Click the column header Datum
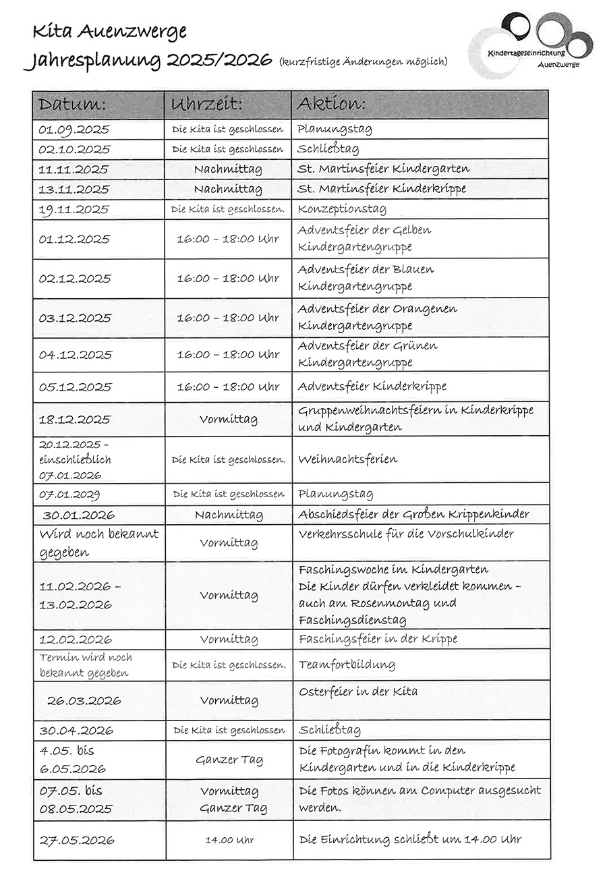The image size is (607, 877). (72, 105)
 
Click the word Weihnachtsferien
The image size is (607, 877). (347, 459)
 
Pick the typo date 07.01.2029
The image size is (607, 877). (70, 495)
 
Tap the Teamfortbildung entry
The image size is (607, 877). (347, 664)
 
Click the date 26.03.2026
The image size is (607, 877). (84, 700)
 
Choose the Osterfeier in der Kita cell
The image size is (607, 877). (358, 691)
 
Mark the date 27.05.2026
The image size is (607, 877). (77, 840)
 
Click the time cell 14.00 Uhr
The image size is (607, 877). (229, 840)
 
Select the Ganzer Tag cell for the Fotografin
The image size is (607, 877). (229, 760)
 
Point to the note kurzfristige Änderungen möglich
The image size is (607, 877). (363, 62)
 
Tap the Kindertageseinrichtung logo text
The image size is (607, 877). (527, 52)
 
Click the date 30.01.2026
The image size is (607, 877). (79, 515)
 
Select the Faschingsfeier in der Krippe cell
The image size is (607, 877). (378, 639)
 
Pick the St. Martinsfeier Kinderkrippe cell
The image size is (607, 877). (382, 189)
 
